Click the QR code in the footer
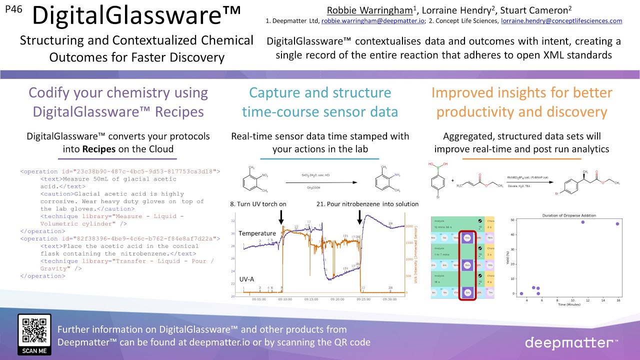click(x=34, y=330)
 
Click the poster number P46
click(x=13, y=8)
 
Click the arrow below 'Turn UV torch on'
click(x=281, y=216)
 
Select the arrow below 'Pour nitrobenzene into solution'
click(x=359, y=216)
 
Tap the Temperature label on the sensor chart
click(x=257, y=233)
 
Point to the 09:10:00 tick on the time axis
click(x=285, y=299)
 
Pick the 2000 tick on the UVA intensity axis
click(x=409, y=226)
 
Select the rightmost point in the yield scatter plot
click(x=617, y=224)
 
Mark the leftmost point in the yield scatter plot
click(x=521, y=293)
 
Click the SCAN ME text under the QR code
click(x=34, y=350)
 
